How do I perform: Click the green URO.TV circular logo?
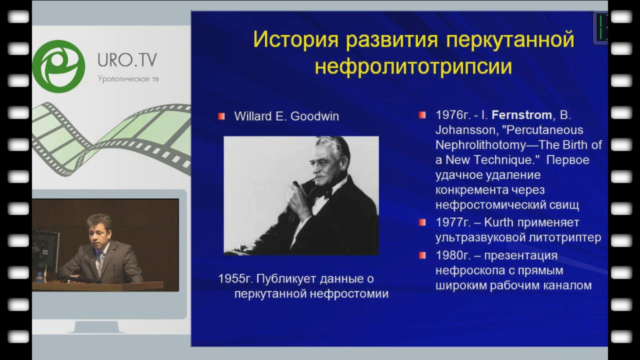59,66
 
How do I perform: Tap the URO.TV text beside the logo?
127,61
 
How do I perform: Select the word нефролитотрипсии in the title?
413,66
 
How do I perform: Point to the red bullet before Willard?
222,116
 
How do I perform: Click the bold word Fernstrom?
522,115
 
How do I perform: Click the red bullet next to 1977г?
422,222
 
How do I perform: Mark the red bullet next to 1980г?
422,256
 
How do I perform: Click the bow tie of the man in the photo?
322,192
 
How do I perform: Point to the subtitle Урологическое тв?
128,79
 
